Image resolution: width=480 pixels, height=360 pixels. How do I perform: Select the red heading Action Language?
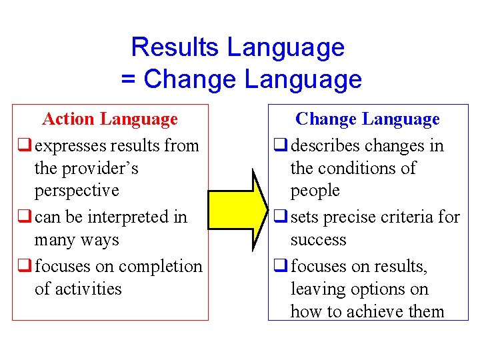click(x=110, y=119)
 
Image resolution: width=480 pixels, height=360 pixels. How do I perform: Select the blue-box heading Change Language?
click(x=367, y=119)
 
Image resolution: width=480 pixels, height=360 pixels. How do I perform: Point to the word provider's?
click(x=99, y=168)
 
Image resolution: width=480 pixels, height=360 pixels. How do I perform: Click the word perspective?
click(x=77, y=191)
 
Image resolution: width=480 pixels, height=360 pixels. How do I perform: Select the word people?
click(x=315, y=191)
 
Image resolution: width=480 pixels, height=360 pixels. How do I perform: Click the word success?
click(x=318, y=239)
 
